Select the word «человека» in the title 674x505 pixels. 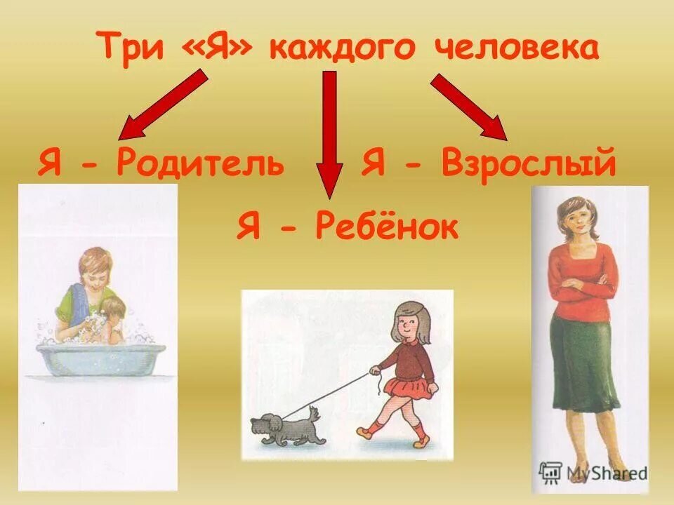519,49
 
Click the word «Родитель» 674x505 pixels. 201,163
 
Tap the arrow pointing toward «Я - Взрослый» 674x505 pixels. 469,105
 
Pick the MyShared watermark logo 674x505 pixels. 593,472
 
